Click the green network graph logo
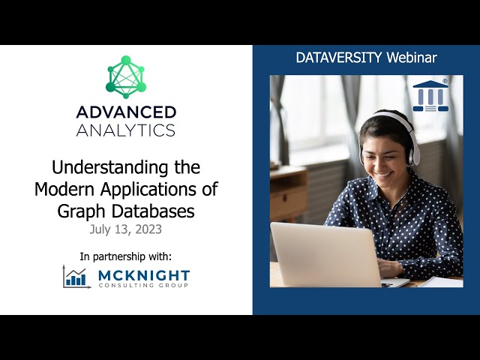(x=126, y=76)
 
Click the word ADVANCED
(x=126, y=112)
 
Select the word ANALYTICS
(x=126, y=130)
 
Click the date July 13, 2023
(x=126, y=229)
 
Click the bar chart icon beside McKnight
(x=76, y=277)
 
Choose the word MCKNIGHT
(x=144, y=274)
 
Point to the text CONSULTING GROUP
(x=144, y=286)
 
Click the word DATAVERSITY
(x=334, y=58)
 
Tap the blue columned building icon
(x=430, y=95)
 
